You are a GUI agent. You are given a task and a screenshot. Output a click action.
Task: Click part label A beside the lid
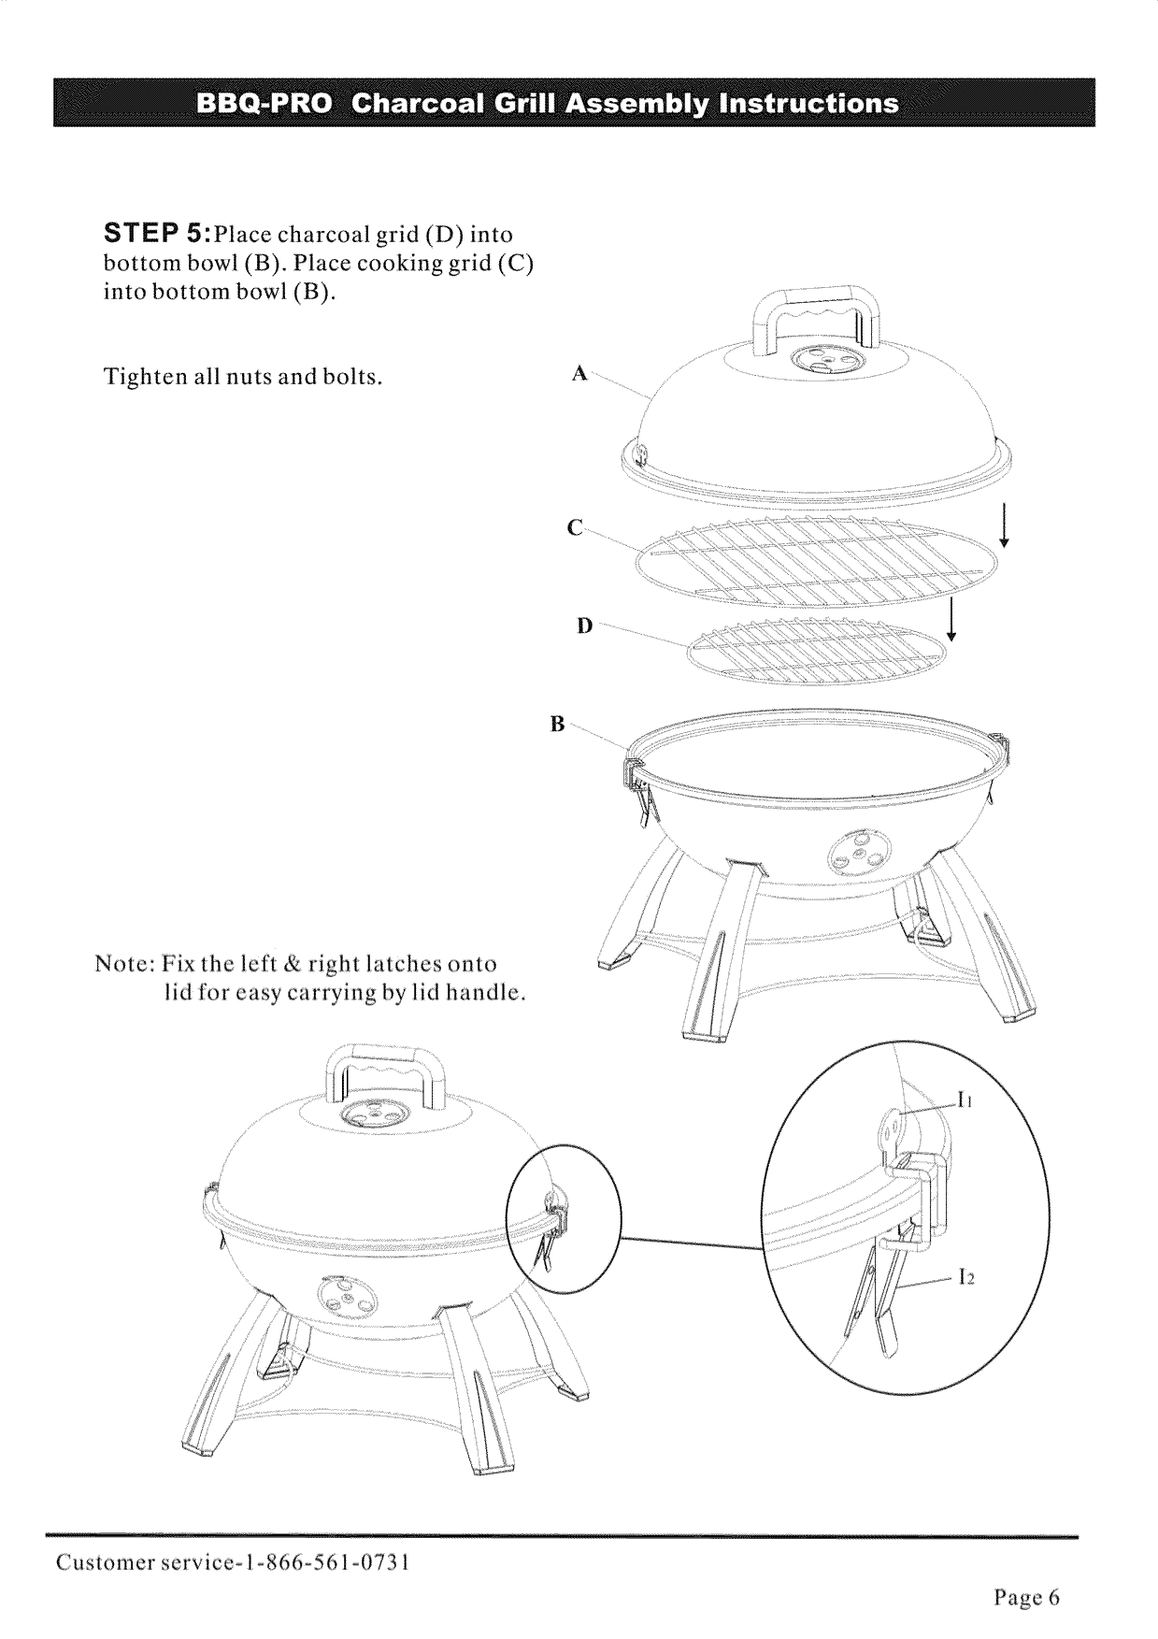579,374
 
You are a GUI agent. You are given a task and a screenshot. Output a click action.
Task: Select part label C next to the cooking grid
576,529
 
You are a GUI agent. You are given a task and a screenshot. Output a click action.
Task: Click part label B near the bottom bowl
557,724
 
